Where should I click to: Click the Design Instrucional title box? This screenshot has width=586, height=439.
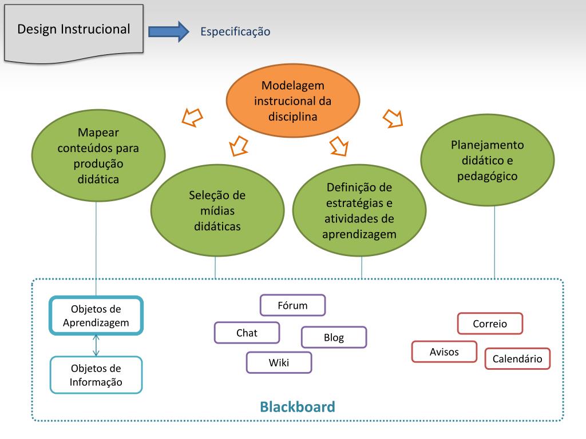pyautogui.click(x=74, y=30)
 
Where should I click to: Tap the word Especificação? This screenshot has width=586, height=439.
pyautogui.click(x=235, y=32)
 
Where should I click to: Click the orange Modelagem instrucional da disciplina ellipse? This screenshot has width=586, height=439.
pyautogui.click(x=293, y=101)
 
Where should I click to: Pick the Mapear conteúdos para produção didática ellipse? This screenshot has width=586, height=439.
pyautogui.click(x=98, y=155)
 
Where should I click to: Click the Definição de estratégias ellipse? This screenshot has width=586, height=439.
pyautogui.click(x=359, y=211)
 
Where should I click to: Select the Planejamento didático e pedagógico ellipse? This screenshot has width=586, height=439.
pyautogui.click(x=487, y=161)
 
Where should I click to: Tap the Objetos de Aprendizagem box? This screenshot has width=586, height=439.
pyautogui.click(x=96, y=316)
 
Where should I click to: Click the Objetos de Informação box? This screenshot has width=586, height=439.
pyautogui.click(x=96, y=375)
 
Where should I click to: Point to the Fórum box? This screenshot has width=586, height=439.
pyautogui.click(x=292, y=305)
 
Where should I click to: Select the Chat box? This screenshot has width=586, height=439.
pyautogui.click(x=247, y=333)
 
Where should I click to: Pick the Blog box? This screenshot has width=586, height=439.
pyautogui.click(x=334, y=337)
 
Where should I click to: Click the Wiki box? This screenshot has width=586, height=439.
pyautogui.click(x=279, y=362)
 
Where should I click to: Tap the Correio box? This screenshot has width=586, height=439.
pyautogui.click(x=490, y=324)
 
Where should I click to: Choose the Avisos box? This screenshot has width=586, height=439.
pyautogui.click(x=444, y=352)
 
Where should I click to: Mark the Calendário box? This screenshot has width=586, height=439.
pyautogui.click(x=517, y=359)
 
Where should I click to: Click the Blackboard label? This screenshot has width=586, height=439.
pyautogui.click(x=297, y=407)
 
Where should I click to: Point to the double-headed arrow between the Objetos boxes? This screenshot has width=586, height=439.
pyautogui.click(x=96, y=345)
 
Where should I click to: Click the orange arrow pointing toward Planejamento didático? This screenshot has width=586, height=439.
pyautogui.click(x=392, y=118)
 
